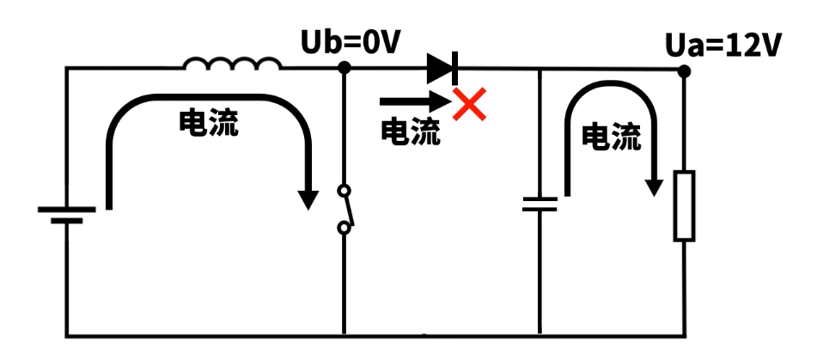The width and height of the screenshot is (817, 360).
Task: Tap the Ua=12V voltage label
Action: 723,45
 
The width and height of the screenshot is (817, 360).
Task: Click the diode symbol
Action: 442,68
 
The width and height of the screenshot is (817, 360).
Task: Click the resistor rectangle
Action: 684,206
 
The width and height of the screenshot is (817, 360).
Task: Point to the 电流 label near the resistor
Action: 612,137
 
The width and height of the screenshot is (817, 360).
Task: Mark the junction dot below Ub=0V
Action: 344,68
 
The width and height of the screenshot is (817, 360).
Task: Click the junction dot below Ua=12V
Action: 684,70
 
